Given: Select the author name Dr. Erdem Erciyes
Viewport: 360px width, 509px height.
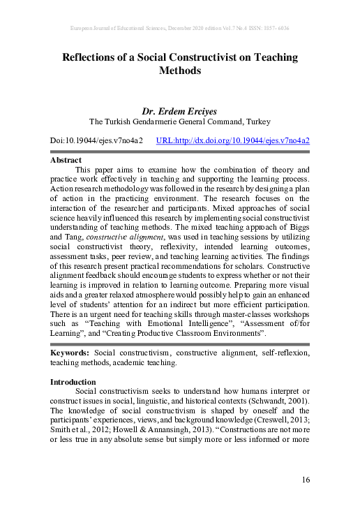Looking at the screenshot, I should click(180, 111).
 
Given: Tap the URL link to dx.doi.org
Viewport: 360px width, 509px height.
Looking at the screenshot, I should click(233, 140).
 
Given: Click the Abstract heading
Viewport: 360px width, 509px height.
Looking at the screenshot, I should click(66, 160).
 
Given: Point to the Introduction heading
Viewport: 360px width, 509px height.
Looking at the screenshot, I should click(73, 382).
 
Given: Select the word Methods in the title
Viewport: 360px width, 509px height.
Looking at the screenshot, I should click(180, 71).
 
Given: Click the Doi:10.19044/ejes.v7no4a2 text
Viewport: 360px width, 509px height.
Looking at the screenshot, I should click(96, 140).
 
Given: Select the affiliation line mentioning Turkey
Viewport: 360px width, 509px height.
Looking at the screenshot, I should click(180, 121).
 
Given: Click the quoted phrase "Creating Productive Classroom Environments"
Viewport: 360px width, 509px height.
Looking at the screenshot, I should click(210, 335).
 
